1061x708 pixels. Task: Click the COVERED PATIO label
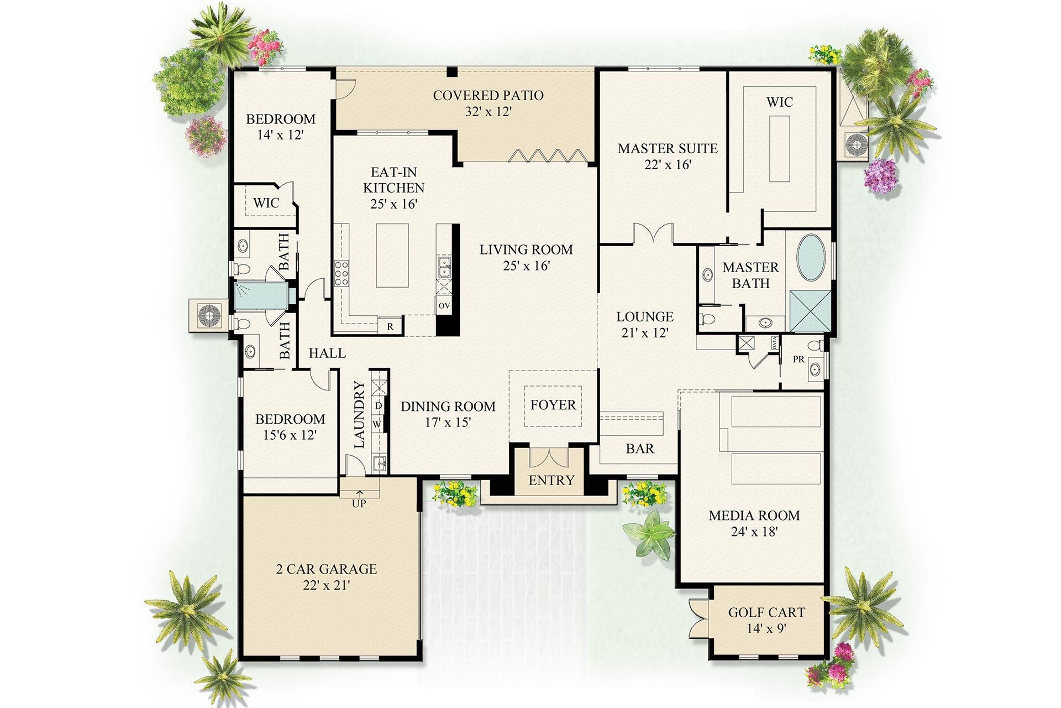point(488,95)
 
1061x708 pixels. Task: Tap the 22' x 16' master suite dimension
point(668,165)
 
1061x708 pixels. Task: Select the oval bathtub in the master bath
point(811,258)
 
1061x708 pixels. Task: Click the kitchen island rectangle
point(392,255)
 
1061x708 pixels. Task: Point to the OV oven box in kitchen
point(444,305)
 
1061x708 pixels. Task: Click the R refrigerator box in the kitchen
point(390,326)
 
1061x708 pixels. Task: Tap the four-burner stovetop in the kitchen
point(342,273)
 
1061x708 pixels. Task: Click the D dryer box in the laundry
point(379,406)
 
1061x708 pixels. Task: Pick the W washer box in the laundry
point(377,424)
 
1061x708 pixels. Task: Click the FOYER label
point(553,405)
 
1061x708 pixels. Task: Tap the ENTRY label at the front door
point(551,480)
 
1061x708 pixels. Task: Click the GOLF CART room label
point(766,612)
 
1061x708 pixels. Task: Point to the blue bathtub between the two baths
point(260,296)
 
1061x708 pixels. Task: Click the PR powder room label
point(798,360)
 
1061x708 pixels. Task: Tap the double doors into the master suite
point(653,233)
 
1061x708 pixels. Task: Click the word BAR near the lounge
point(639,449)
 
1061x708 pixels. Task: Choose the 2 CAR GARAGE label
point(326,569)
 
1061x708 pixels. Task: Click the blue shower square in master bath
point(810,311)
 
